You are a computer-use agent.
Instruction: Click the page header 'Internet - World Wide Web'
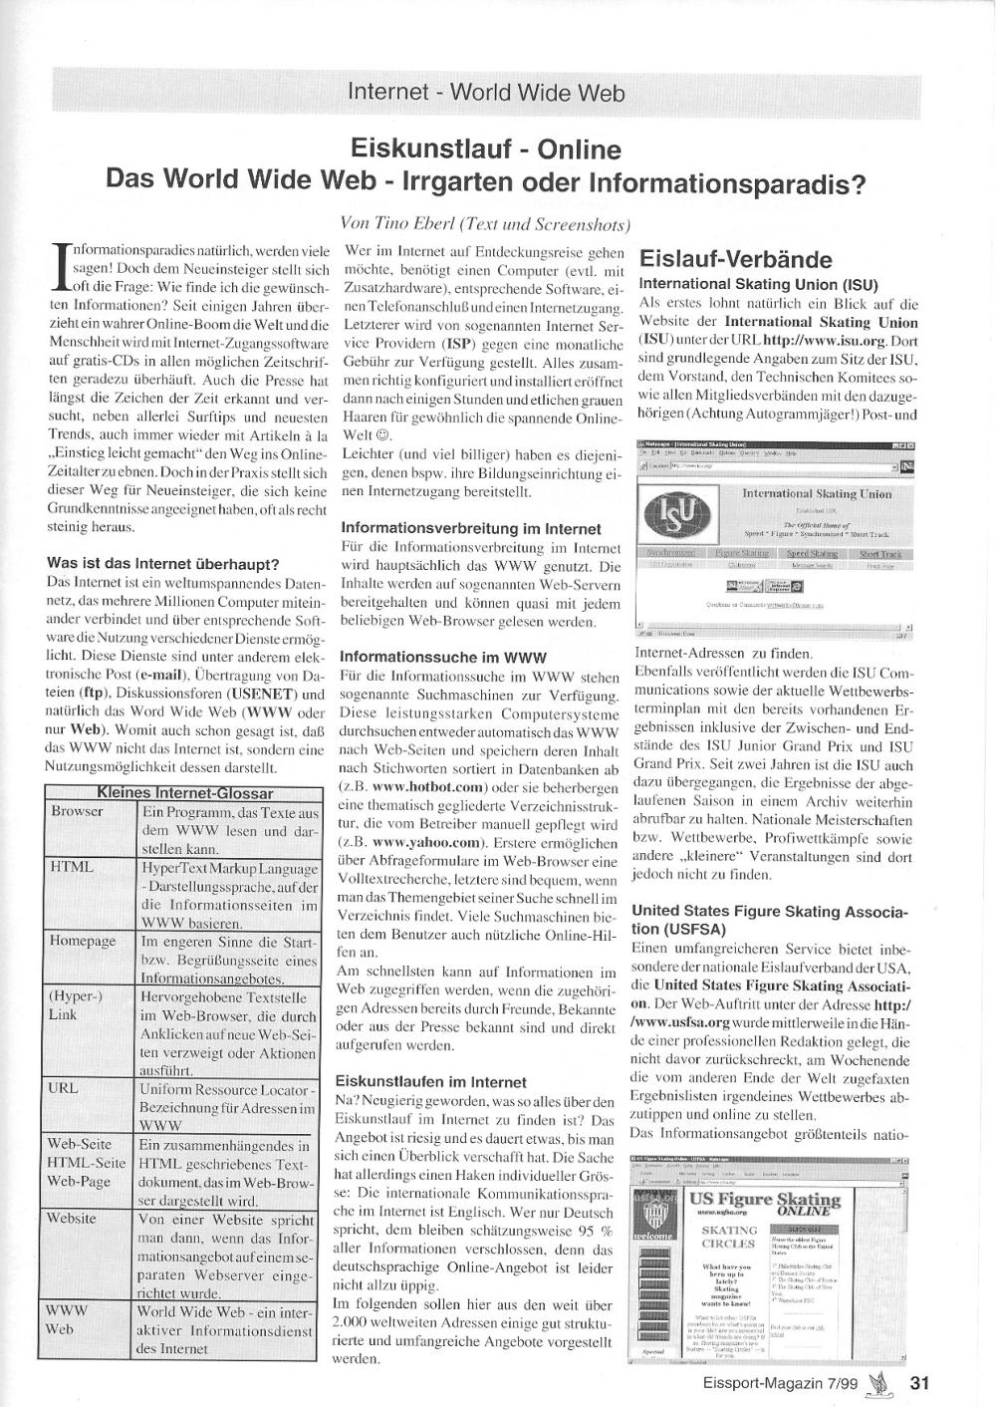click(x=486, y=93)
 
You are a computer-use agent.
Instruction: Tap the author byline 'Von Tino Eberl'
click(x=408, y=223)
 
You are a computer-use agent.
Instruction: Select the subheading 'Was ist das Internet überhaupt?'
click(x=163, y=564)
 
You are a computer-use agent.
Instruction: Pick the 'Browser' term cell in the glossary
click(x=77, y=811)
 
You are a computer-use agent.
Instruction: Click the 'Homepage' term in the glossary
click(x=82, y=941)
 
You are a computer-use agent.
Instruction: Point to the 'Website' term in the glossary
click(x=72, y=1218)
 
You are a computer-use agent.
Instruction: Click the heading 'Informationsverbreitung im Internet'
click(x=471, y=528)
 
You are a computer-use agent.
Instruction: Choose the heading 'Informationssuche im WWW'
click(x=443, y=657)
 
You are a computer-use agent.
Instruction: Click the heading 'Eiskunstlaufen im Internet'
click(x=431, y=1081)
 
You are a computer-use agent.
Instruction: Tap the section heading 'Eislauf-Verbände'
click(x=735, y=260)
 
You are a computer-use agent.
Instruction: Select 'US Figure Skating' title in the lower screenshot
click(x=765, y=1200)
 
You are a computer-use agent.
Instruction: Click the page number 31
click(x=919, y=1382)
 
